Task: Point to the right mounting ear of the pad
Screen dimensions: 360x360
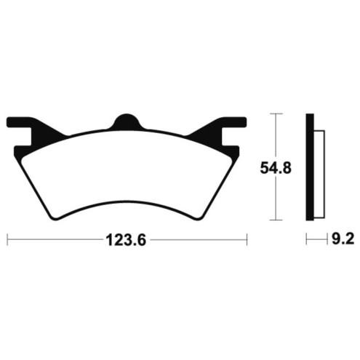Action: [x=222, y=128]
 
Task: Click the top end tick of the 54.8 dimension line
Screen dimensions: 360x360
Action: [x=276, y=114]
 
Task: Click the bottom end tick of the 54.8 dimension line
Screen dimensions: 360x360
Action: [x=276, y=220]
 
